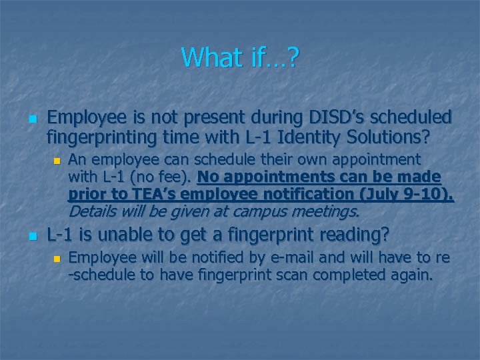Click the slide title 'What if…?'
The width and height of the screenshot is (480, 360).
click(240, 58)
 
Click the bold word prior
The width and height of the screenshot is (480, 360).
click(85, 195)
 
